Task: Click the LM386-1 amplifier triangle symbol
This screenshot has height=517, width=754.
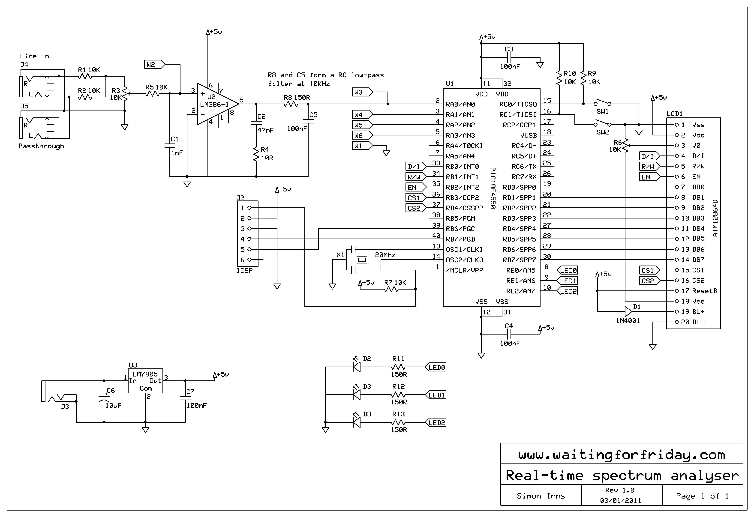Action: click(x=216, y=104)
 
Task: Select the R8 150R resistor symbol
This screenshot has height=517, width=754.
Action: click(x=291, y=104)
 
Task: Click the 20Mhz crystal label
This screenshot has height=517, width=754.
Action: click(x=385, y=255)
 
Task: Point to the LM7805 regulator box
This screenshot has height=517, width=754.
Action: click(x=145, y=381)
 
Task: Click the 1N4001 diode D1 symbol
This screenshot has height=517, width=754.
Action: click(x=628, y=312)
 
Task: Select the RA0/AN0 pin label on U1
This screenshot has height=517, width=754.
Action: click(x=460, y=104)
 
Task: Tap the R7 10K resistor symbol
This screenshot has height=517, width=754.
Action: click(x=391, y=289)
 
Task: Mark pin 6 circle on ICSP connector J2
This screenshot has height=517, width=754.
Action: click(x=249, y=260)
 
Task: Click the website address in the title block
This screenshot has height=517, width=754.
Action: click(x=621, y=455)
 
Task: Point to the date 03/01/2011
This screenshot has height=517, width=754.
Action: click(x=620, y=500)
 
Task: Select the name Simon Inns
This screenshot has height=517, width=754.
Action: click(x=541, y=496)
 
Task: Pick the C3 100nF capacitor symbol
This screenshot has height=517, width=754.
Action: click(x=509, y=57)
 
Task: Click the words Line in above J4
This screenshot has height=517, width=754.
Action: click(x=34, y=56)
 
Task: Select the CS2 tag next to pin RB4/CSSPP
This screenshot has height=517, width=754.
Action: click(x=415, y=208)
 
